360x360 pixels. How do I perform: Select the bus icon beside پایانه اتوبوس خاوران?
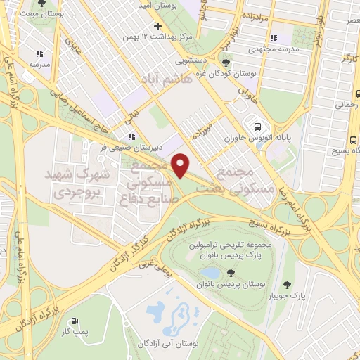tap(258, 127)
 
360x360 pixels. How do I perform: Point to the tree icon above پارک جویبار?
tap(288, 285)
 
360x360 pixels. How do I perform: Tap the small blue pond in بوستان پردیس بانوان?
tap(210, 272)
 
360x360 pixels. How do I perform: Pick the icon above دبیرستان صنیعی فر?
tap(131, 136)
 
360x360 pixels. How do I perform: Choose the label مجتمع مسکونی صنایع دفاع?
tap(148, 181)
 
